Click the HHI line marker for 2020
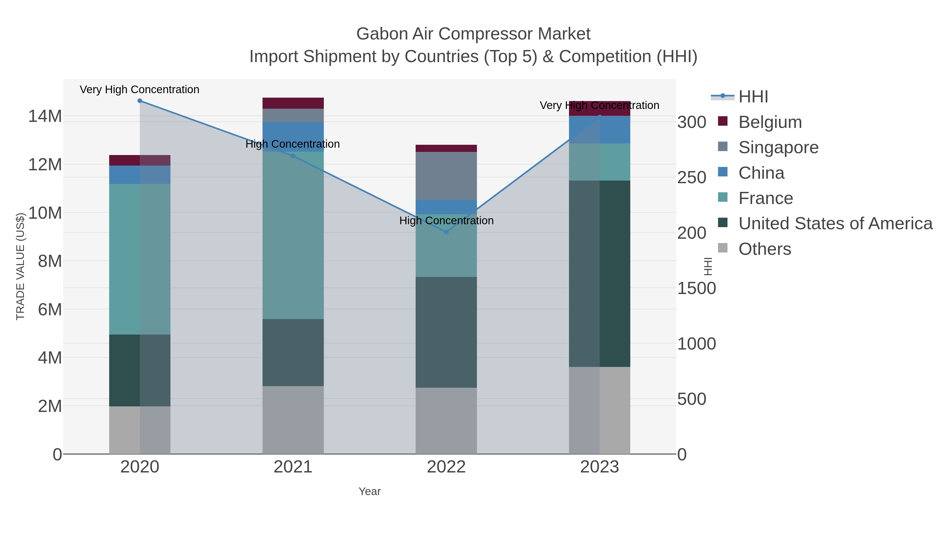click(x=140, y=101)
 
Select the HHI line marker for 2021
click(x=293, y=156)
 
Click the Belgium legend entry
click(x=770, y=122)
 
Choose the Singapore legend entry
click(x=778, y=147)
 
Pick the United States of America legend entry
click(x=835, y=224)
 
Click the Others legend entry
click(x=765, y=249)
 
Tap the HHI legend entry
click(x=753, y=97)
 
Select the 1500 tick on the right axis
click(x=696, y=288)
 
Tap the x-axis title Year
click(x=370, y=491)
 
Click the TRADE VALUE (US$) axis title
click(x=20, y=266)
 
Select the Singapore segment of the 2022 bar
click(x=446, y=176)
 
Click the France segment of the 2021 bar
click(x=293, y=235)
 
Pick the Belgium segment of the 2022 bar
click(x=446, y=148)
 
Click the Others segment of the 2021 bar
click(x=293, y=420)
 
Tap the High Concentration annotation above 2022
click(x=446, y=221)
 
